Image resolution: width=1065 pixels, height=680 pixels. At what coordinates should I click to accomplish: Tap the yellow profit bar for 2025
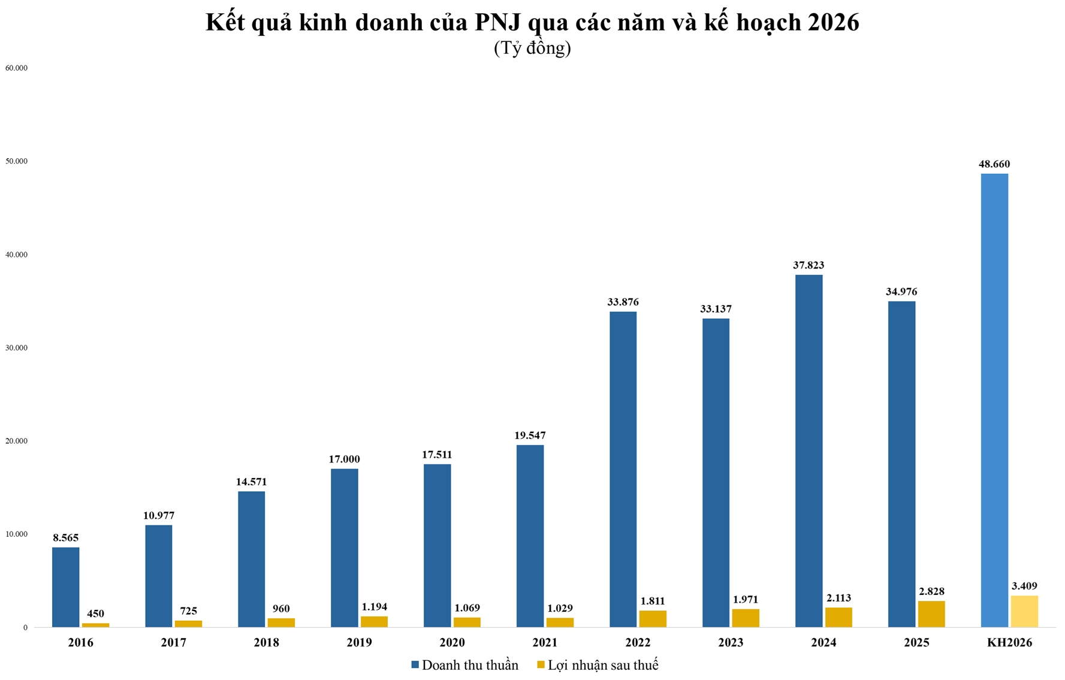pyautogui.click(x=931, y=614)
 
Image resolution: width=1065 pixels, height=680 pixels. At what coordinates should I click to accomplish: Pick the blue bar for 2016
pyautogui.click(x=65, y=587)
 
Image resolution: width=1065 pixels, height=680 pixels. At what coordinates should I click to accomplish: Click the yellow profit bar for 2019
pyautogui.click(x=374, y=622)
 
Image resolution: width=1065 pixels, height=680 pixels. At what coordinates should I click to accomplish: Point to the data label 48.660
pyautogui.click(x=994, y=164)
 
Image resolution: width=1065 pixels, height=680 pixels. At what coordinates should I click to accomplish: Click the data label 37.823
pyautogui.click(x=808, y=265)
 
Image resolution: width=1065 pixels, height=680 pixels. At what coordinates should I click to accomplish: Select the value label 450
pyautogui.click(x=95, y=613)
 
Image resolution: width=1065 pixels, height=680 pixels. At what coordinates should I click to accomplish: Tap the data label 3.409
pyautogui.click(x=1024, y=586)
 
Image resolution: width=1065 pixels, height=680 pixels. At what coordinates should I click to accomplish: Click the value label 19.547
pyautogui.click(x=530, y=436)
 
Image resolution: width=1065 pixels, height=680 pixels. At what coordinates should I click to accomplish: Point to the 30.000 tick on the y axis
pyautogui.click(x=17, y=348)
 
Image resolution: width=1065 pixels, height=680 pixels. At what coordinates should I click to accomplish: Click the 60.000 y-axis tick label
pyautogui.click(x=17, y=68)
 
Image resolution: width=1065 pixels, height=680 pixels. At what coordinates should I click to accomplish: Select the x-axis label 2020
pyautogui.click(x=452, y=643)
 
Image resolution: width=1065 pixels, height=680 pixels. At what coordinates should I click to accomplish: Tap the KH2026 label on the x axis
pyautogui.click(x=1009, y=643)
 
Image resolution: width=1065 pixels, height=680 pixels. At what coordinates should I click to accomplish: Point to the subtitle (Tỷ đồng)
pyautogui.click(x=532, y=48)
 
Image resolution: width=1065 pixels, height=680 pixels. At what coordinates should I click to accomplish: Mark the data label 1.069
pyautogui.click(x=467, y=608)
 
